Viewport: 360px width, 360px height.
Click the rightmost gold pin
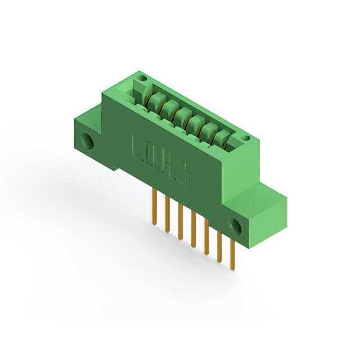[x=232, y=256]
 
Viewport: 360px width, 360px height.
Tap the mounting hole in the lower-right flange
[x=235, y=227]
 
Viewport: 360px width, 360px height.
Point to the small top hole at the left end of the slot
[x=143, y=78]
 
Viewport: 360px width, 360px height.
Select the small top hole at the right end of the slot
[x=245, y=138]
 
